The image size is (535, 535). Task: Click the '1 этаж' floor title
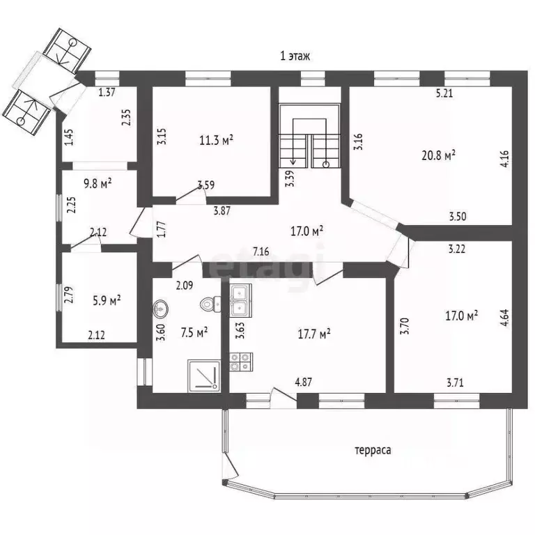click(295, 56)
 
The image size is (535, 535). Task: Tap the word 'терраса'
click(373, 450)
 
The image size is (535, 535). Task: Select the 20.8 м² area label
click(438, 155)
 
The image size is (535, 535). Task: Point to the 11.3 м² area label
click(217, 140)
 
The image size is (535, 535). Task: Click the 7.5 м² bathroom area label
click(194, 332)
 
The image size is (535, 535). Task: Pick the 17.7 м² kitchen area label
click(314, 334)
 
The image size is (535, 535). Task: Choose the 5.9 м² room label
click(107, 301)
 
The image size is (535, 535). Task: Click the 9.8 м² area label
click(98, 184)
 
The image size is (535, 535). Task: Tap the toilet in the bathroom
click(211, 304)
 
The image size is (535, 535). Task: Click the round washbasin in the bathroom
click(160, 309)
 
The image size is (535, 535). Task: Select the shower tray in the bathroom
click(203, 375)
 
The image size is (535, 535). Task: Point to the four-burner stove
click(241, 362)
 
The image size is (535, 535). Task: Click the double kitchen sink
click(240, 300)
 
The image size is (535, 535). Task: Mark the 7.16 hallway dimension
click(261, 251)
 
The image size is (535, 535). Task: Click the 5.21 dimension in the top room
click(444, 93)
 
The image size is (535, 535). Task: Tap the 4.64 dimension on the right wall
click(505, 318)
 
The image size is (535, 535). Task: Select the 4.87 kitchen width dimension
click(303, 382)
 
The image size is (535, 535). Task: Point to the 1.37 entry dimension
click(107, 92)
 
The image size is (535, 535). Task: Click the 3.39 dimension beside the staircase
click(290, 178)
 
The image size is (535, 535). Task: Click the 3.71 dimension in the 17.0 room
click(455, 382)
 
